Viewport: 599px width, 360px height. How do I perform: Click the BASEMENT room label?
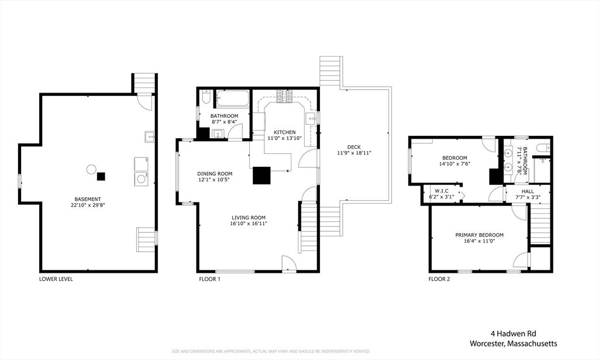coord(88,199)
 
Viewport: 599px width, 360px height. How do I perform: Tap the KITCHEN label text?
coord(285,132)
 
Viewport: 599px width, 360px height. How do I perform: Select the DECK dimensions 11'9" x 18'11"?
coord(354,153)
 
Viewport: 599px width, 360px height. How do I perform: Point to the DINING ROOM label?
coord(215,174)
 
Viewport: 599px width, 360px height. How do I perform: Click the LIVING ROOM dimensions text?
coord(248,224)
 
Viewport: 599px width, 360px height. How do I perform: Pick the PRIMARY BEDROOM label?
coord(480,235)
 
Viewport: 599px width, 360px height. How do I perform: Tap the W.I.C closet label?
coord(441,191)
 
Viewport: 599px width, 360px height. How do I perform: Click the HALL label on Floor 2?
coord(528,191)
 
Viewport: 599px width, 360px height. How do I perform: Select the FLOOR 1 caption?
coord(210,279)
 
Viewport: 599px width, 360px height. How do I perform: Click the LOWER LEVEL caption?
coord(56,279)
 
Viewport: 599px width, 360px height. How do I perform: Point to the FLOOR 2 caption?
coord(439,279)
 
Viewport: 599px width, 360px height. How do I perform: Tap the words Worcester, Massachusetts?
coord(514,344)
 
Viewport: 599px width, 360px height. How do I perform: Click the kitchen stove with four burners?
coord(284,97)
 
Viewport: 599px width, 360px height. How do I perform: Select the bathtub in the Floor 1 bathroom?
coord(233,99)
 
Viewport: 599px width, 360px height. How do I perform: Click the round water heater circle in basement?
coord(91,169)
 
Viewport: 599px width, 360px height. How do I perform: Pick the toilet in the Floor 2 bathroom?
coord(543,148)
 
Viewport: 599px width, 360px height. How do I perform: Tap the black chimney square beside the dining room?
coord(261,176)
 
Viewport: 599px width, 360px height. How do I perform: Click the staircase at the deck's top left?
coord(331,71)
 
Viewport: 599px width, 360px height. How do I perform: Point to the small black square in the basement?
coord(101,176)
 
